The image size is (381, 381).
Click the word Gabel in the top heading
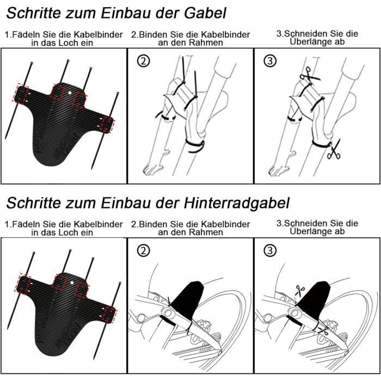(205, 13)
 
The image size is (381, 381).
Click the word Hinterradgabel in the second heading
(237, 202)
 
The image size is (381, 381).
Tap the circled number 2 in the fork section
(143, 61)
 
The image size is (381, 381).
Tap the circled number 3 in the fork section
(270, 61)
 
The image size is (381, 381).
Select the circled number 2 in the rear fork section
(143, 250)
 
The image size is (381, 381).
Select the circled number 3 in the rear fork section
(270, 250)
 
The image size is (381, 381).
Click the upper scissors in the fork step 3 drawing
(309, 75)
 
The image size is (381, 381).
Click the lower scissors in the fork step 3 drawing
(334, 149)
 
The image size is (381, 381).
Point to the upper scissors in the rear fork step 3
(299, 291)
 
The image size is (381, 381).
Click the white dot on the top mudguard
(70, 93)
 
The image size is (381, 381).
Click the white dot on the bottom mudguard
(72, 282)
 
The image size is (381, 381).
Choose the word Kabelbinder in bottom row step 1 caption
(98, 224)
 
